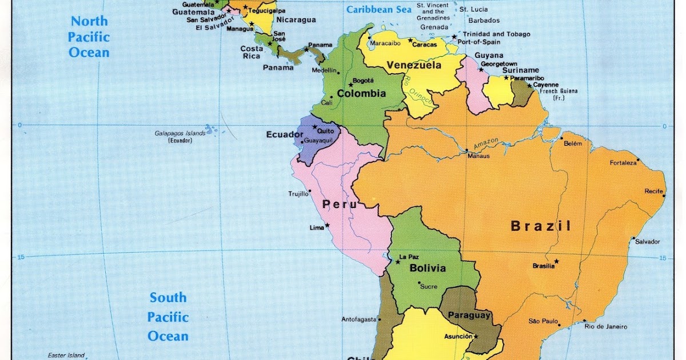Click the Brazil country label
(x=540, y=226)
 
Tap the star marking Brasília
(x=556, y=262)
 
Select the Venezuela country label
(x=414, y=65)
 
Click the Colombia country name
(x=361, y=93)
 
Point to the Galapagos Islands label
(x=180, y=133)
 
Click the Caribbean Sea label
(x=378, y=10)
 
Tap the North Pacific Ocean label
(x=89, y=37)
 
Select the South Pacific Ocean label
(x=168, y=317)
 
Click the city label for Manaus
(x=478, y=155)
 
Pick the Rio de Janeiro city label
(x=605, y=327)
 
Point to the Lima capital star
(x=328, y=225)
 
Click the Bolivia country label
(x=428, y=268)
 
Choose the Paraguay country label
(x=469, y=315)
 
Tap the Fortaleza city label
(x=623, y=163)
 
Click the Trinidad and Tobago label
(x=496, y=34)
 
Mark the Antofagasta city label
(x=358, y=319)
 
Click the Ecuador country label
(x=284, y=135)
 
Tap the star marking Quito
(x=314, y=127)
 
